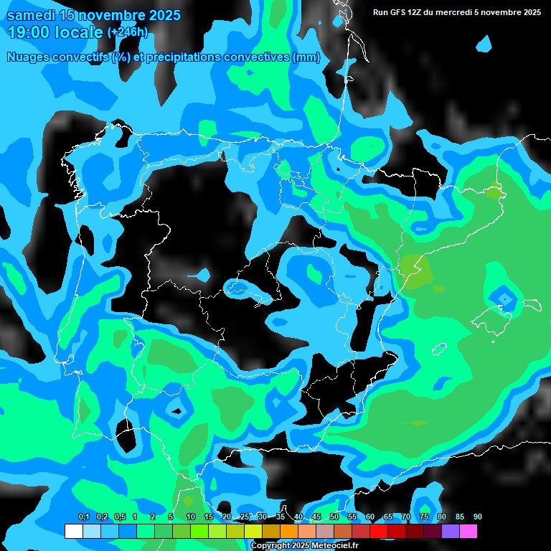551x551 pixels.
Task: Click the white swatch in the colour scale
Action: (x=73, y=531)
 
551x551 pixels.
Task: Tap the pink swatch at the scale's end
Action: (x=468, y=531)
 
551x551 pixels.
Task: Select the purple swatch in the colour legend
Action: (x=451, y=531)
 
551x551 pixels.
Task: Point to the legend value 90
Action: (x=477, y=517)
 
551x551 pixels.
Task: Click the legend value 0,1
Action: (x=84, y=517)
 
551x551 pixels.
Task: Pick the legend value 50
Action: (x=334, y=517)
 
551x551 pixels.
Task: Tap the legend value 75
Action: (x=424, y=517)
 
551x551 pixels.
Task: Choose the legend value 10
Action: (x=191, y=517)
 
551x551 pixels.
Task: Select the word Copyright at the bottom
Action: (x=271, y=546)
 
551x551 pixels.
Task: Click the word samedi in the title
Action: (x=32, y=15)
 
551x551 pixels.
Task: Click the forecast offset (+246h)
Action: (x=128, y=32)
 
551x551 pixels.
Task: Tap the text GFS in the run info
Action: (x=399, y=12)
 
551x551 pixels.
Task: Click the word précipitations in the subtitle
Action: (x=183, y=57)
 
